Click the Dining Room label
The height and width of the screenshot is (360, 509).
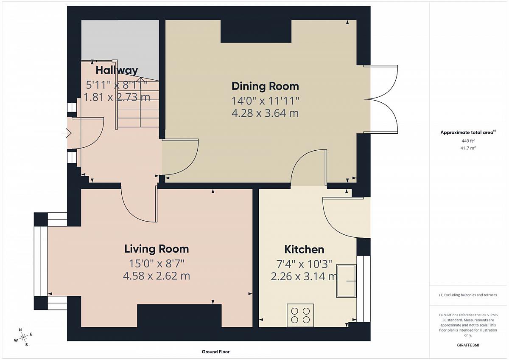pyautogui.click(x=265, y=87)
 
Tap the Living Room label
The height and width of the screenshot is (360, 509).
pyautogui.click(x=157, y=249)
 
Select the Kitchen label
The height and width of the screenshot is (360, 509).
pyautogui.click(x=304, y=250)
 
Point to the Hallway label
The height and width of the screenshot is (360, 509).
pyautogui.click(x=117, y=70)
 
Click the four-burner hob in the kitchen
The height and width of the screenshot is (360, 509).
pyautogui.click(x=300, y=315)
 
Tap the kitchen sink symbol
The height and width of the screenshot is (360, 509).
pyautogui.click(x=346, y=281)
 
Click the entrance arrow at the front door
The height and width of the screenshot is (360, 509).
pyautogui.click(x=67, y=133)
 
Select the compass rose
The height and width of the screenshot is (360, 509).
pyautogui.click(x=23, y=337)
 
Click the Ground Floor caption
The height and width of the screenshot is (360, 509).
pyautogui.click(x=215, y=352)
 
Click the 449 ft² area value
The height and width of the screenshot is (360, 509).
pyautogui.click(x=468, y=141)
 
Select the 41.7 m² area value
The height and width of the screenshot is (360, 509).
pyautogui.click(x=468, y=148)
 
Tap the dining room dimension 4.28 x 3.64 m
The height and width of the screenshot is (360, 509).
pyautogui.click(x=265, y=113)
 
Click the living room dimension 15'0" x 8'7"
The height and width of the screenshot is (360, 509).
pyautogui.click(x=157, y=264)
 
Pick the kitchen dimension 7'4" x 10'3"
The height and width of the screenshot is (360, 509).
pyautogui.click(x=304, y=264)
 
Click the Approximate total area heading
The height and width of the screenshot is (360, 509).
pyautogui.click(x=468, y=132)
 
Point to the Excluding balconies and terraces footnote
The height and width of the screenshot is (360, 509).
pyautogui.click(x=468, y=295)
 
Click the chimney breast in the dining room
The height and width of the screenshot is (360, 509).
pyautogui.click(x=256, y=31)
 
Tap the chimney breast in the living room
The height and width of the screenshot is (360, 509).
pyautogui.click(x=179, y=316)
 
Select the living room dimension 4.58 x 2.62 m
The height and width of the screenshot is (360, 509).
pyautogui.click(x=157, y=276)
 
